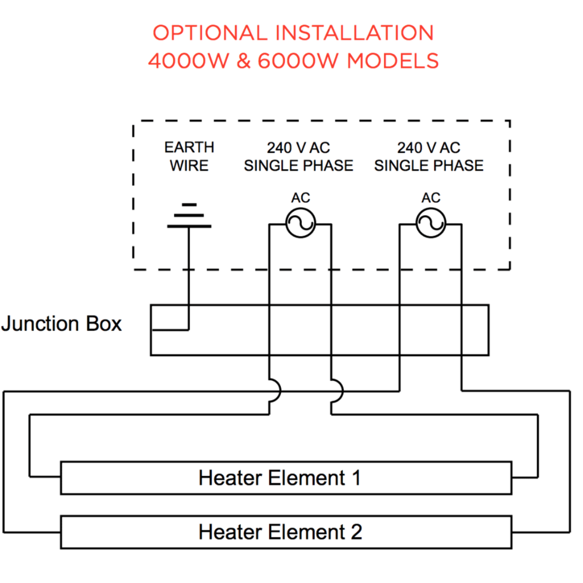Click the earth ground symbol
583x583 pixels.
(x=189, y=216)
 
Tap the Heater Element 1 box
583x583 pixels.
(x=286, y=478)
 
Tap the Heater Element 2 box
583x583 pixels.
(x=286, y=532)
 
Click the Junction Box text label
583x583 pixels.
(x=62, y=324)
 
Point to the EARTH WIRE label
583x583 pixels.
(x=189, y=156)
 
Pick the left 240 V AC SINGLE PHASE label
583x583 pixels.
(x=298, y=156)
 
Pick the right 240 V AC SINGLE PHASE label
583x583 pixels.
(x=429, y=156)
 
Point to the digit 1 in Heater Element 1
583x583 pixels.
(x=354, y=478)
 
